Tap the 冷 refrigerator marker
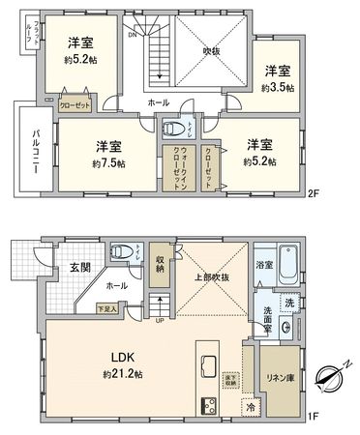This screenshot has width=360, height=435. tap(250, 407)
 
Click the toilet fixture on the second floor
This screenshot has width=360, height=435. tap(169, 127)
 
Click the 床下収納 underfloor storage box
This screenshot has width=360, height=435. tap(230, 379)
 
